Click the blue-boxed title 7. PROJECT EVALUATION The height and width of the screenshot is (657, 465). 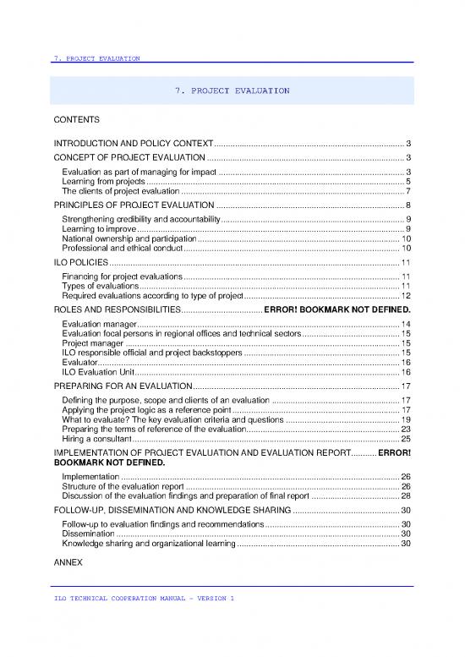coord(232,90)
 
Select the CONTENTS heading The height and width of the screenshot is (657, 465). coord(77,119)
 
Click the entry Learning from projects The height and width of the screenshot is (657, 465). coord(104,181)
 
